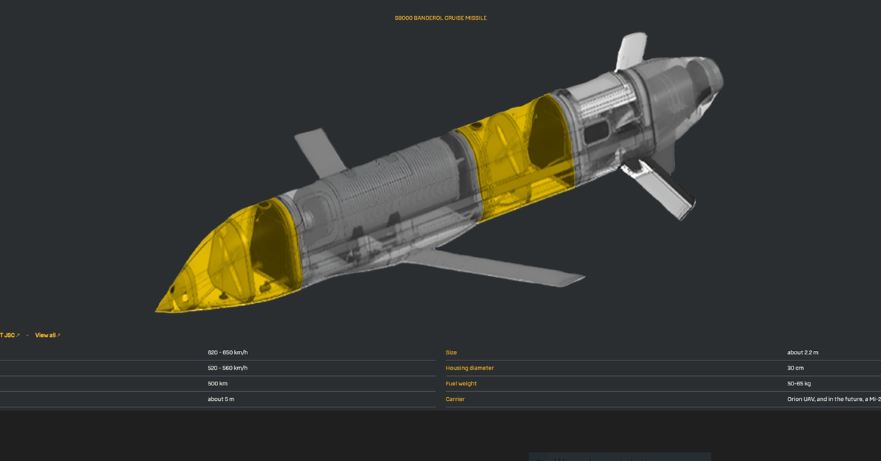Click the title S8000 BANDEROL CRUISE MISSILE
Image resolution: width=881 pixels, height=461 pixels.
[440, 18]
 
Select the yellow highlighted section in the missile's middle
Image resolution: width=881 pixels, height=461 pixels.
[514, 158]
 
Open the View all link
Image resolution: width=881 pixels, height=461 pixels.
[47, 335]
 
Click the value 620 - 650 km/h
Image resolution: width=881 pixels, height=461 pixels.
[228, 352]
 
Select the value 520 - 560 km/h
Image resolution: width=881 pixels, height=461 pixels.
[228, 368]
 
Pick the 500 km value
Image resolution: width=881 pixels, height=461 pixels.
[219, 383]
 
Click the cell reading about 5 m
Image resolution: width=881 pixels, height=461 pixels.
[221, 399]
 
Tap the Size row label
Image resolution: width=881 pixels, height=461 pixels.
[452, 352]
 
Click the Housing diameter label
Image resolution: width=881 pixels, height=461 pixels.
[470, 368]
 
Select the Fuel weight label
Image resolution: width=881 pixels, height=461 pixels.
[461, 383]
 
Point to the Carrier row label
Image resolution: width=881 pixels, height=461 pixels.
[455, 399]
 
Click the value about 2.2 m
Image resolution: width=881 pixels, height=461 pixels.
[802, 352]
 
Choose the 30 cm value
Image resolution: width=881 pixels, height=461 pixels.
[795, 368]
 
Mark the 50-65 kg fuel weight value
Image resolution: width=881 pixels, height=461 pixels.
[799, 383]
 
